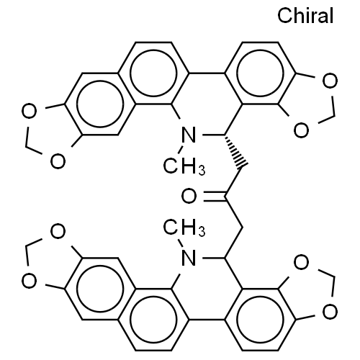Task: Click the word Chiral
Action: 305,15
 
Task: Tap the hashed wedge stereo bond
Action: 235,150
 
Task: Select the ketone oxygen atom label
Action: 189,196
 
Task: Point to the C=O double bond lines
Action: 214,196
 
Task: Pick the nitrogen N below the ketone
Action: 189,258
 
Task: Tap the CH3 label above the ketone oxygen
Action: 184,166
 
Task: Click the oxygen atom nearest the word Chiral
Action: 330,81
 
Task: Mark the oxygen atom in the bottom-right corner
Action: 330,312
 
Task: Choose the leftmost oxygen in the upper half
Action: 30,111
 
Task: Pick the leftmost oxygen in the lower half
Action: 30,281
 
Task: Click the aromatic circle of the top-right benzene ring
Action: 260,50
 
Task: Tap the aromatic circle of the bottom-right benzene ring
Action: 260,343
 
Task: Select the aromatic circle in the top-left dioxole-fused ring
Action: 100,81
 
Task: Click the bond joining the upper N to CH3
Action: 180,149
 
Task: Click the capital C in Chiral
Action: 284,15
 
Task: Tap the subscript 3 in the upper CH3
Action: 202,170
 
